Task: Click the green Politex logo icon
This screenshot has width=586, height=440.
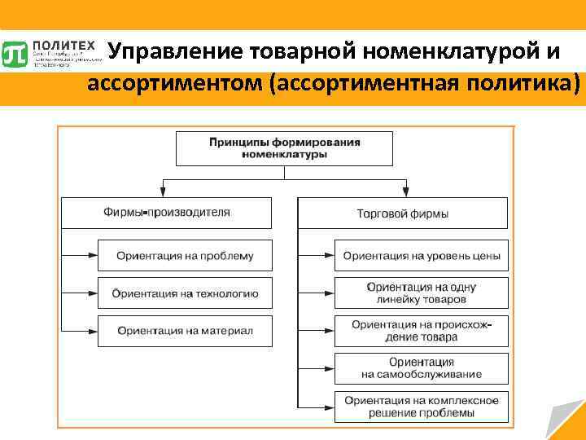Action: (15, 54)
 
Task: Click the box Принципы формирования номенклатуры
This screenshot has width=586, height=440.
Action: (284, 148)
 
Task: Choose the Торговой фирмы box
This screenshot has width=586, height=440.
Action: (403, 213)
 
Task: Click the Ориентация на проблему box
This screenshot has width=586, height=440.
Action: (184, 256)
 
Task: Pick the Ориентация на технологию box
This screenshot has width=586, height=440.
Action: (184, 293)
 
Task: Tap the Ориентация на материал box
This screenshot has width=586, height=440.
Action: (184, 331)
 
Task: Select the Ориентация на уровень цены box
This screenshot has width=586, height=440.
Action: (421, 256)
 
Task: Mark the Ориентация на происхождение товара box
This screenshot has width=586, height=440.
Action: (421, 331)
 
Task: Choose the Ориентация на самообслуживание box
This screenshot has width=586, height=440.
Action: (421, 368)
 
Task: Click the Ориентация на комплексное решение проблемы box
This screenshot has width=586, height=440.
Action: (421, 406)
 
